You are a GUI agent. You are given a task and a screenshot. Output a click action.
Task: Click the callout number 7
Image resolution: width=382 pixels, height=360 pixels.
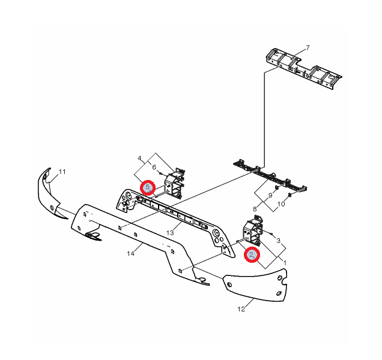308,48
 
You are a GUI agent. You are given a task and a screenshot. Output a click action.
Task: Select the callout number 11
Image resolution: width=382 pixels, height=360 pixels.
62,172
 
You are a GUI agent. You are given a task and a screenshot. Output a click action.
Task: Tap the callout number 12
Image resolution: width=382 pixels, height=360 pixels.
241,309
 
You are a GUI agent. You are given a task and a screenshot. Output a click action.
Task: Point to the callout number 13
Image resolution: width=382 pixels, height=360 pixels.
170,233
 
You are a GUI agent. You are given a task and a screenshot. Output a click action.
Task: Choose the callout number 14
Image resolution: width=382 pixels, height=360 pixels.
130,254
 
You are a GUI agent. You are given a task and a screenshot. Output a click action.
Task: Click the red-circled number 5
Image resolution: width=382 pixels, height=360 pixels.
148,188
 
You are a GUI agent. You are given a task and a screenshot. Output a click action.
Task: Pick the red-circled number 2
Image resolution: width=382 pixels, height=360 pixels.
252,254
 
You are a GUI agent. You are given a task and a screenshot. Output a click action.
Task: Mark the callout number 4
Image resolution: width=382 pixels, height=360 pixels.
139,158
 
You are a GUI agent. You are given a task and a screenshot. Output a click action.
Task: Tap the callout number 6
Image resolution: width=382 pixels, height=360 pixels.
154,167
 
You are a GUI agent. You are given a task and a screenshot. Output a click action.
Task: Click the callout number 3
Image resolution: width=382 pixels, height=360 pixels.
279,241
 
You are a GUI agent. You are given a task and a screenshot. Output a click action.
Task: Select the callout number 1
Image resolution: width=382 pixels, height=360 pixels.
285,263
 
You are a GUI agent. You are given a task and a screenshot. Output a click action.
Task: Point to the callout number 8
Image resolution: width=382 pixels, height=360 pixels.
255,209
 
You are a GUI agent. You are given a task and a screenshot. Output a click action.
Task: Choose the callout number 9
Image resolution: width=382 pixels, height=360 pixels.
270,195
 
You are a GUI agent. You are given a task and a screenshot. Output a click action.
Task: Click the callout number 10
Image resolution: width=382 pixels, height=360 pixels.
281,204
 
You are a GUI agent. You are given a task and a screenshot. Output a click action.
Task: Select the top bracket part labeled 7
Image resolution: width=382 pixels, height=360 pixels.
303,68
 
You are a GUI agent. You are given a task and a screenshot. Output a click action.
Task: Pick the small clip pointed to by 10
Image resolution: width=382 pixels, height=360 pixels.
290,195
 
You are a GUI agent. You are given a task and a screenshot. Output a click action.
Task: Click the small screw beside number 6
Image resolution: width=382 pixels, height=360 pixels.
160,173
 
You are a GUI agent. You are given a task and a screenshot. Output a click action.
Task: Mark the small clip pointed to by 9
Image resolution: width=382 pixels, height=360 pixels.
277,188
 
